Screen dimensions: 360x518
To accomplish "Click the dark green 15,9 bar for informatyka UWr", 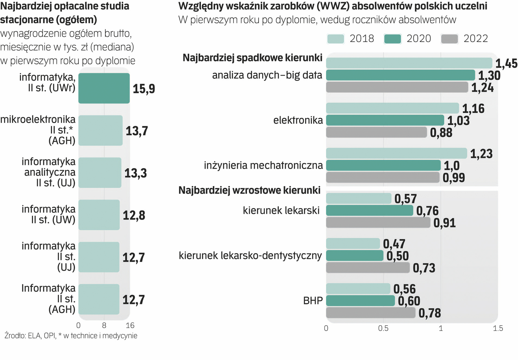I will pyautogui.click(x=104, y=88).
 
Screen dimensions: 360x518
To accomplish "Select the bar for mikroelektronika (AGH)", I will pyautogui.click(x=100, y=130).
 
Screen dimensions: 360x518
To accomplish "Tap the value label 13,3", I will pyautogui.click(x=136, y=173).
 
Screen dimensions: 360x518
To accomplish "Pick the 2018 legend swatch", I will pyautogui.click(x=335, y=39).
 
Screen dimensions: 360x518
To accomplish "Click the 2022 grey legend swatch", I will pyautogui.click(x=449, y=39).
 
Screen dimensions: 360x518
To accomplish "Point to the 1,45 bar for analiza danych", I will pyautogui.click(x=409, y=63).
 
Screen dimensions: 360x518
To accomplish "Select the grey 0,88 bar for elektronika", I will pyautogui.click(x=376, y=132).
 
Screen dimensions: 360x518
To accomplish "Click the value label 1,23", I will pyautogui.click(x=481, y=154).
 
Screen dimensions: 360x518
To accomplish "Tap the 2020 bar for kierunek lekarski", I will pyautogui.click(x=369, y=211).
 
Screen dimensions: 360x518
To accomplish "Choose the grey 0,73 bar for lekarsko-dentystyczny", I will pyautogui.click(x=368, y=268).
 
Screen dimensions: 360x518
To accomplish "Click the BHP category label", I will pyautogui.click(x=313, y=301).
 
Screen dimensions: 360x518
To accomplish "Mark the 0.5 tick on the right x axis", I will pyautogui.click(x=383, y=328).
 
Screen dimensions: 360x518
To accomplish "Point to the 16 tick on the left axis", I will pyautogui.click(x=130, y=325).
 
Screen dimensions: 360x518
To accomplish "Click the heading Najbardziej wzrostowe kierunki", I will pyautogui.click(x=249, y=190).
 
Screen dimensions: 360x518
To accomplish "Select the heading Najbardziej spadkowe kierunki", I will pyautogui.click(x=253, y=58).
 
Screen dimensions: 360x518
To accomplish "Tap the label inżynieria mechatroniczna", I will pyautogui.click(x=263, y=165).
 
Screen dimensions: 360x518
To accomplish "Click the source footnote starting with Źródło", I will pyautogui.click(x=71, y=336).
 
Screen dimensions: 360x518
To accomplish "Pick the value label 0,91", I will pyautogui.click(x=444, y=223).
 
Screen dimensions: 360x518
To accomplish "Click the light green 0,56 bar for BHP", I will pyautogui.click(x=358, y=289).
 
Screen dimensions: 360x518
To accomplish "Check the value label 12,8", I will pyautogui.click(x=134, y=215).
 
